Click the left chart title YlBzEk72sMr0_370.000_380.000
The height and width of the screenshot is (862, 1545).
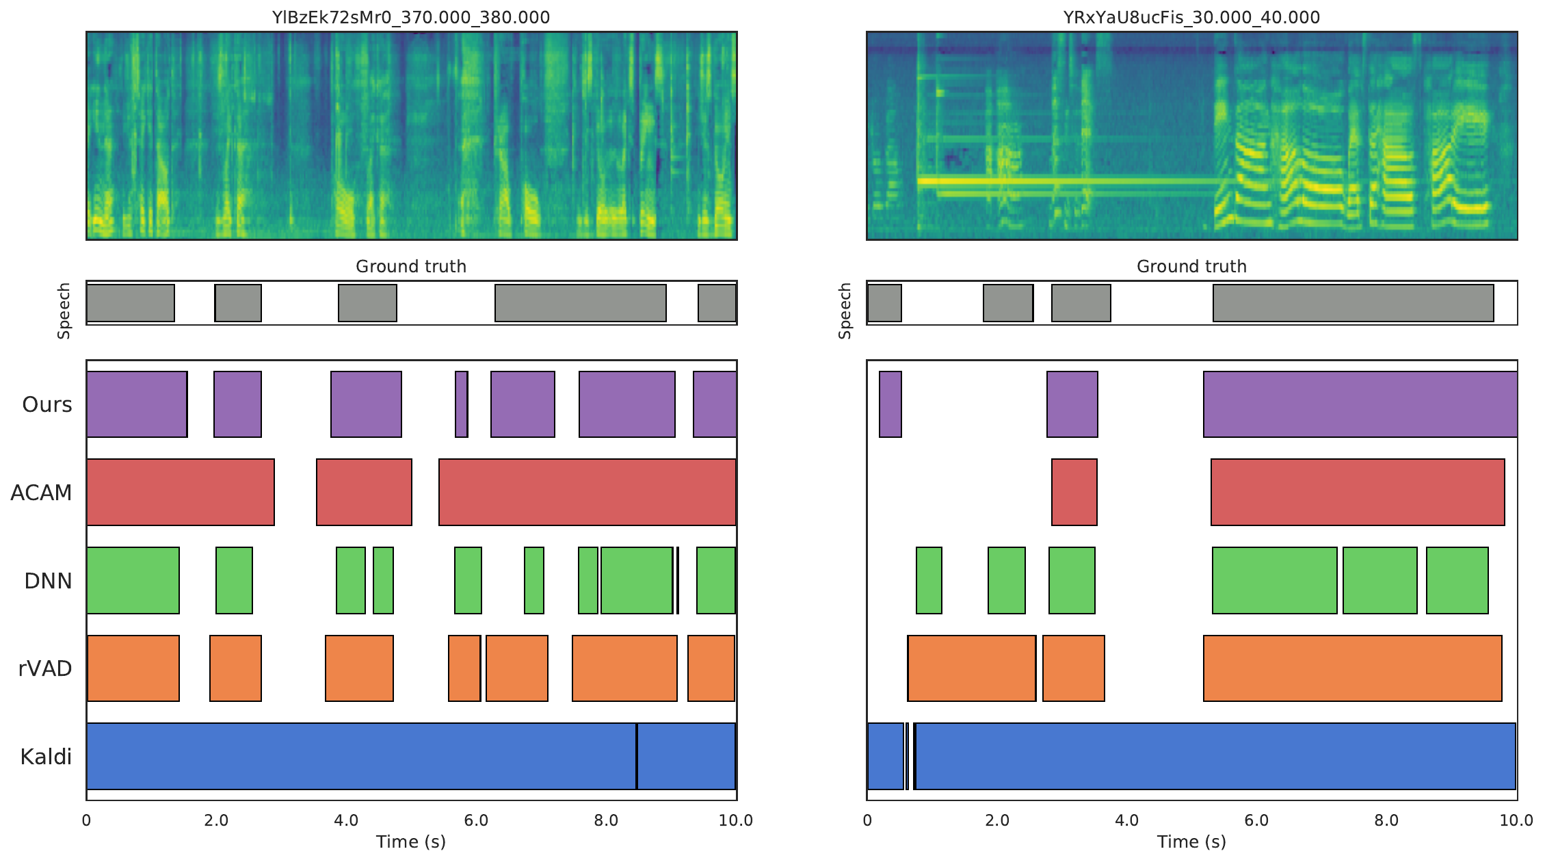click(x=410, y=17)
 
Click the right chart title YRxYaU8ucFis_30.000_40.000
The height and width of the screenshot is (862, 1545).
click(x=1191, y=17)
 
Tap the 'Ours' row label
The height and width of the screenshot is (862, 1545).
click(x=47, y=404)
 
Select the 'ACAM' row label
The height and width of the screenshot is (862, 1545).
click(x=41, y=493)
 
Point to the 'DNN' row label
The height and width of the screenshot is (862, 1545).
click(x=48, y=581)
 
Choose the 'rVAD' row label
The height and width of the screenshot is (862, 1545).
click(x=45, y=668)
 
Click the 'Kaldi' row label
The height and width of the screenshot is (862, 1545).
click(x=46, y=757)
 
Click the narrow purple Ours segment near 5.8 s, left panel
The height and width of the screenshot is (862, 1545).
click(x=462, y=404)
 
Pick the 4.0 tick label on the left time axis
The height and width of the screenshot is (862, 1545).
click(x=346, y=820)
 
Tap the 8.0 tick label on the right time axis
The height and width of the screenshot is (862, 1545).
click(x=1386, y=820)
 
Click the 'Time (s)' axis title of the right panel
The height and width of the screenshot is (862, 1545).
click(x=1191, y=841)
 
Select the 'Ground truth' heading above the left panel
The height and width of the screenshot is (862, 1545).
click(x=410, y=266)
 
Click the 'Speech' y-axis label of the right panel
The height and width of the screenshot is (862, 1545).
click(x=845, y=311)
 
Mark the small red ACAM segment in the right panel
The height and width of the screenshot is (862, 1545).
click(x=1074, y=492)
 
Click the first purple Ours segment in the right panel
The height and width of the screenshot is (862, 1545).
click(x=890, y=404)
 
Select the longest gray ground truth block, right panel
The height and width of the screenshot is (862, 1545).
click(x=1353, y=303)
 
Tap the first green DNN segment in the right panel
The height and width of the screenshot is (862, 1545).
click(x=929, y=580)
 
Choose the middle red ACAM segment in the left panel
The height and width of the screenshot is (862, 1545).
click(x=364, y=492)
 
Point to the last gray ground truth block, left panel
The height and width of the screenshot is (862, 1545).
click(x=717, y=303)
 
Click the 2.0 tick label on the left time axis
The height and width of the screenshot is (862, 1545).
click(x=216, y=820)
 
